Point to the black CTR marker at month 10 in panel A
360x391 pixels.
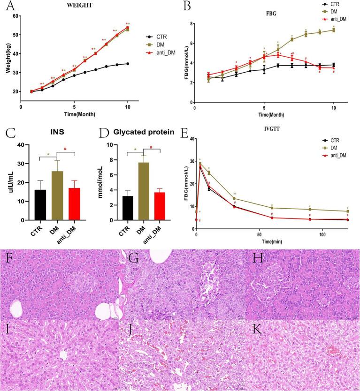127,64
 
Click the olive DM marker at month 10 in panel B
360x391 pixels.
334,30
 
